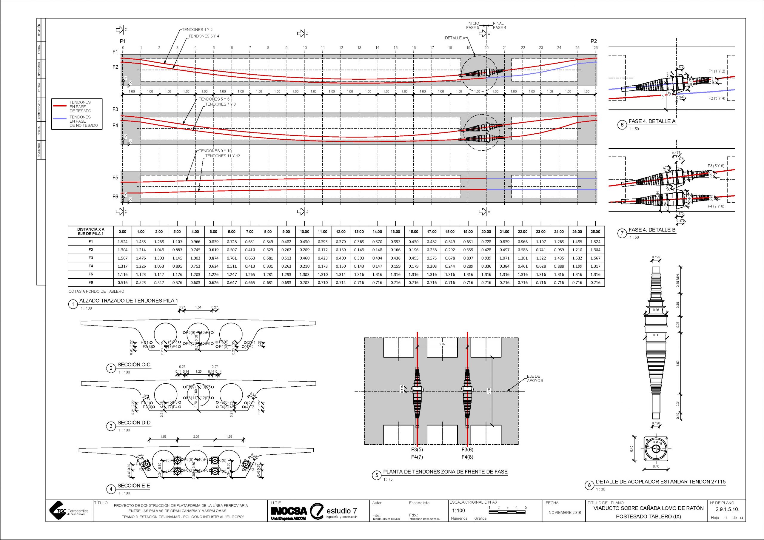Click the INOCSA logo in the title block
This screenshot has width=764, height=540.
(x=289, y=511)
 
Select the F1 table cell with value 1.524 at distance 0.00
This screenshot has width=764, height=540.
(x=122, y=242)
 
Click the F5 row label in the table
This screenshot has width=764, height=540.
(x=90, y=274)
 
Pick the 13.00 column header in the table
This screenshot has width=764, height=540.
(x=359, y=232)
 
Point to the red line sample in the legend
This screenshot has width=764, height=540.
(x=60, y=106)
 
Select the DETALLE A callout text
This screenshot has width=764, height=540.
(x=455, y=38)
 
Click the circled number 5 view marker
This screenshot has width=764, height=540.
(x=376, y=476)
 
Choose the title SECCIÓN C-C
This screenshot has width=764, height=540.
(x=134, y=365)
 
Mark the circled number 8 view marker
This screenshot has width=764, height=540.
(x=589, y=485)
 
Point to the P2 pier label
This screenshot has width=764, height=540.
(x=594, y=41)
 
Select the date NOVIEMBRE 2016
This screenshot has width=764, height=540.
(x=565, y=512)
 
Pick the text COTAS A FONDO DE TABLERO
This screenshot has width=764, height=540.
(x=96, y=291)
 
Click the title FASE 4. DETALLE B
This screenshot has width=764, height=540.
(x=652, y=230)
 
